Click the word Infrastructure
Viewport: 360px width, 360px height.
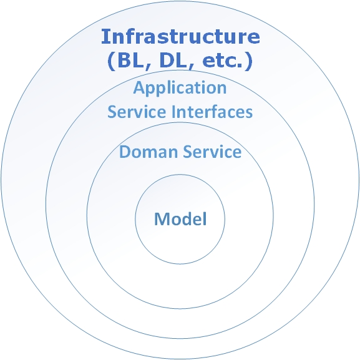pyautogui.click(x=180, y=36)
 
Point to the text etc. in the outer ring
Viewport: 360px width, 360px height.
pyautogui.click(x=222, y=61)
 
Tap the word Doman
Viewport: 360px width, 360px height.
pyautogui.click(x=148, y=152)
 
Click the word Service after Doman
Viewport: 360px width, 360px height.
pyautogui.click(x=212, y=152)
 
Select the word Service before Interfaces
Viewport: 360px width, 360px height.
pyautogui.click(x=137, y=112)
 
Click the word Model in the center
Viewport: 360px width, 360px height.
pyautogui.click(x=180, y=219)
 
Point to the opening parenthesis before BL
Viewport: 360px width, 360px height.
pyautogui.click(x=111, y=61)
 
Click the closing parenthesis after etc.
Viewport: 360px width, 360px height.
pyautogui.click(x=249, y=61)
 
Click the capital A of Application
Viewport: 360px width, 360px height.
pyautogui.click(x=139, y=87)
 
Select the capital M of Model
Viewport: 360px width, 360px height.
pyautogui.click(x=162, y=219)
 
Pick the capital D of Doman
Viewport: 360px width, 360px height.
pyautogui.click(x=125, y=152)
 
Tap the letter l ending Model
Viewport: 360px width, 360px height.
pyautogui.click(x=205, y=219)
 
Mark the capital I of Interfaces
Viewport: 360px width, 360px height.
pyautogui.click(x=173, y=112)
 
